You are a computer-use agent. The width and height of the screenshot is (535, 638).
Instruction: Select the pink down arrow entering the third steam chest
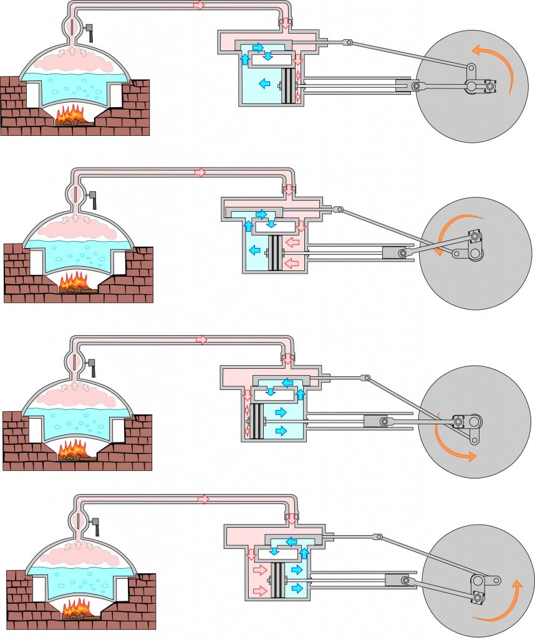click(x=287, y=359)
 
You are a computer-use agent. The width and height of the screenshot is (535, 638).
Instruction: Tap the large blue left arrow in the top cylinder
click(x=264, y=82)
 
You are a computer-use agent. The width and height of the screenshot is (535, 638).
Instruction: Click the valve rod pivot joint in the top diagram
click(x=350, y=43)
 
